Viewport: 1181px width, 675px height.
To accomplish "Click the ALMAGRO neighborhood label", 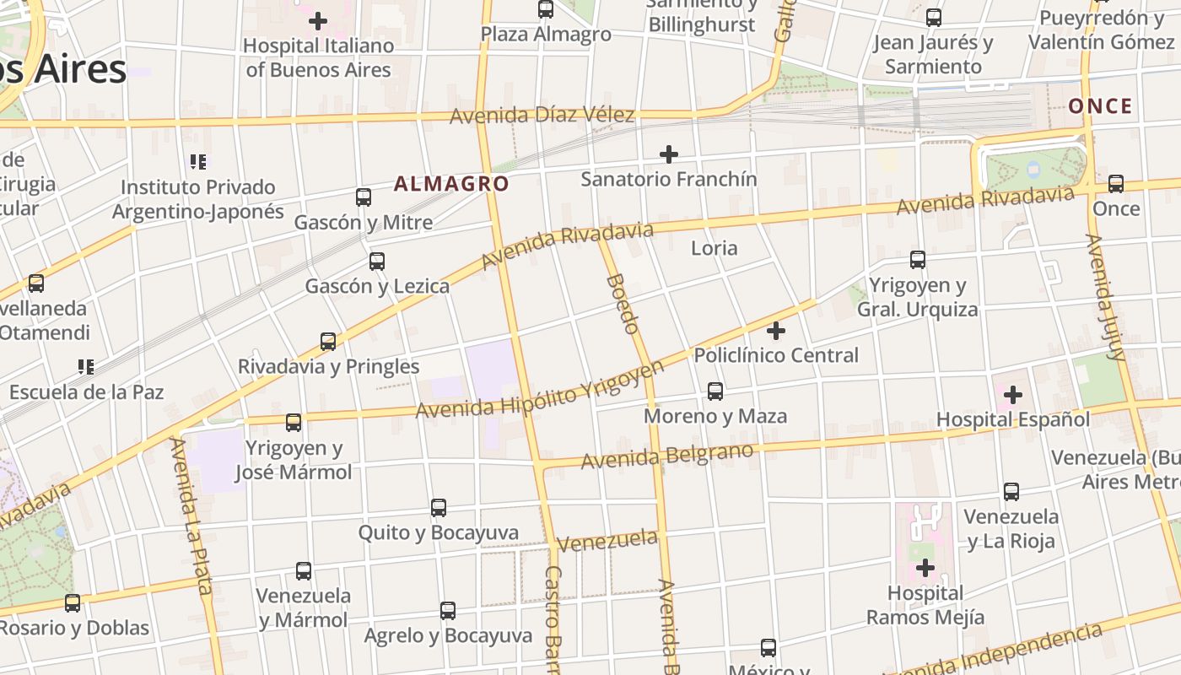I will (x=451, y=184).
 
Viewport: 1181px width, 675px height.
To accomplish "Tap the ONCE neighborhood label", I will (x=1100, y=106).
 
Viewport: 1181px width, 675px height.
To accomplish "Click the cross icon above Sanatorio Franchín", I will (x=669, y=154).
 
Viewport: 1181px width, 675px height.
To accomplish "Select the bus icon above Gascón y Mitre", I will (x=364, y=197).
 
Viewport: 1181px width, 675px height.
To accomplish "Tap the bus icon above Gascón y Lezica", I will (x=377, y=262).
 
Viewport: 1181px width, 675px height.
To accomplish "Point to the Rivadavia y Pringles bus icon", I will (x=328, y=342).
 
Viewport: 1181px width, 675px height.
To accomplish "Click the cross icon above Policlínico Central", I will (x=776, y=331).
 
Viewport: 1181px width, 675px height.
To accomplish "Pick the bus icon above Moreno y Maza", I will (x=715, y=391).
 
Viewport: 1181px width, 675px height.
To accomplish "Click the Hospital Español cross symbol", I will (x=1013, y=394).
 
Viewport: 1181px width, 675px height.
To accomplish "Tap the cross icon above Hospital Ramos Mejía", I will (x=925, y=568).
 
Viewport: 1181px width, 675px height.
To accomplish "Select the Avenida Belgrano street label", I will (x=666, y=456).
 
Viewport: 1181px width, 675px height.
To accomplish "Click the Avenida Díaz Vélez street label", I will (x=542, y=115).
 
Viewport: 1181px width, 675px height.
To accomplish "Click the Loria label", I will (x=714, y=248).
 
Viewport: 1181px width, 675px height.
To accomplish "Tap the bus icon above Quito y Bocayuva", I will (x=439, y=508).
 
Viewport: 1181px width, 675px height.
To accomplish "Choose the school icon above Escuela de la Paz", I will (x=85, y=367).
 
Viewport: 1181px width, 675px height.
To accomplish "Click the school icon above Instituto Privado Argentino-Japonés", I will (x=198, y=161).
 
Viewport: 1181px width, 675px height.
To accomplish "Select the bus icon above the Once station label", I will (x=1116, y=183).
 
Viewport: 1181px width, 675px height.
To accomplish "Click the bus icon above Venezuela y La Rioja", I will (x=1011, y=491).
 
